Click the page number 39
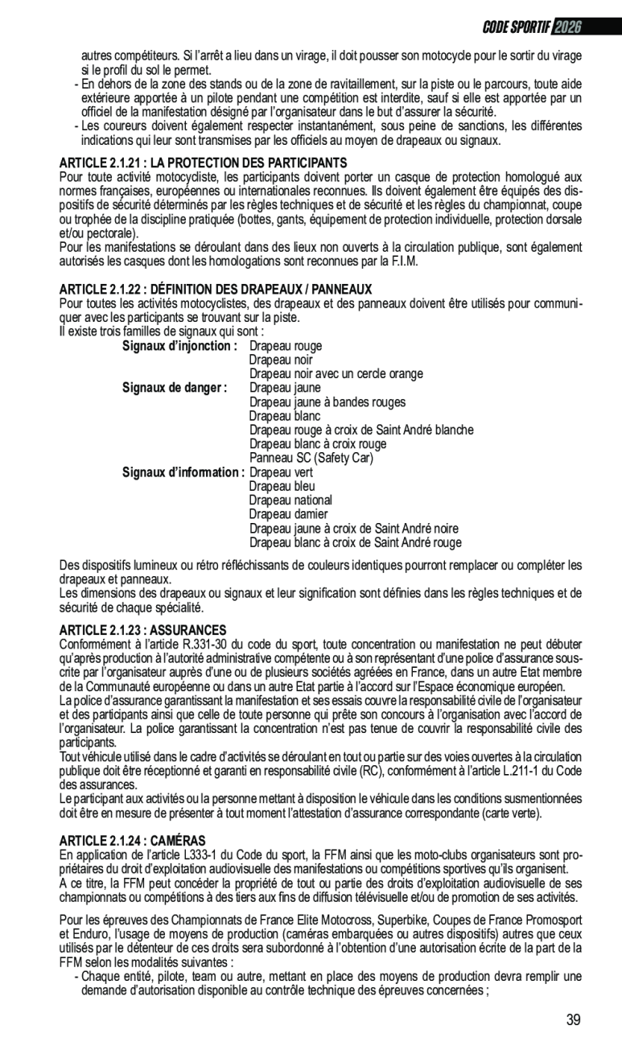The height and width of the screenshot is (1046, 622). point(573,1020)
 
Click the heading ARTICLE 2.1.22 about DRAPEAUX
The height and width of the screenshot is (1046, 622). point(216,289)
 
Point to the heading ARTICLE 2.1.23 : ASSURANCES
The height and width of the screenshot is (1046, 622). point(143,629)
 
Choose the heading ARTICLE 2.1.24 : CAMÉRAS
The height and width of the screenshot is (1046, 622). point(133,840)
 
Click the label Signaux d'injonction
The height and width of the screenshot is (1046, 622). point(179,345)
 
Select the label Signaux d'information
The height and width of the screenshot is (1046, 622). point(183,472)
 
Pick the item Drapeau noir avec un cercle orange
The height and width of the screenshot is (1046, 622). point(336,373)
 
